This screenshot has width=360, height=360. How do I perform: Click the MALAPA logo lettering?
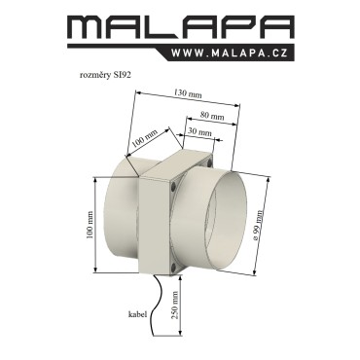pyautogui.click(x=180, y=28)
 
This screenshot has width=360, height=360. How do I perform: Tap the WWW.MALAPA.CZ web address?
pyautogui.click(x=230, y=53)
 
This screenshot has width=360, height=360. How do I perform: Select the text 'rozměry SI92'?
pyautogui.click(x=105, y=75)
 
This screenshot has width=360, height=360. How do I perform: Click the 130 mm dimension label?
pyautogui.click(x=188, y=93)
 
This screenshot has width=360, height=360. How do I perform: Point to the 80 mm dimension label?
pyautogui.click(x=212, y=115)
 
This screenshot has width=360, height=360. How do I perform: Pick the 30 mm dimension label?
pyautogui.click(x=199, y=132)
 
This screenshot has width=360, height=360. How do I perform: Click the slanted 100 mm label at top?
pyautogui.click(x=146, y=138)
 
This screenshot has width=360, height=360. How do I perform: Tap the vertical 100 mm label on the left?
pyautogui.click(x=90, y=225)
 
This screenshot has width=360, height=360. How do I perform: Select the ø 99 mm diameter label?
pyautogui.click(x=259, y=225)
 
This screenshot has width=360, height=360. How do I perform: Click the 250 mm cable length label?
pyautogui.click(x=175, y=305)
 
